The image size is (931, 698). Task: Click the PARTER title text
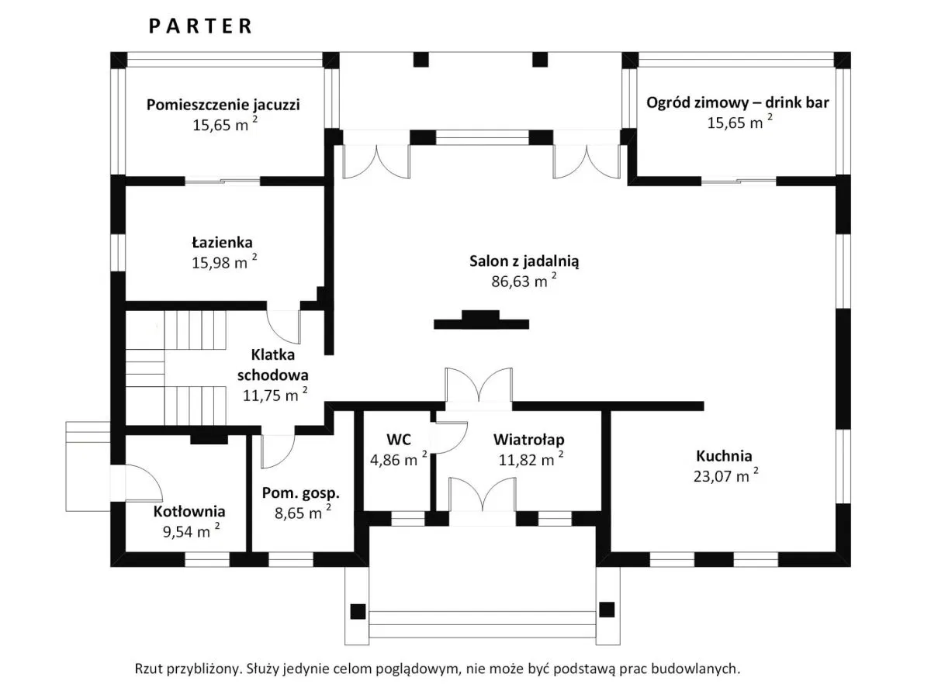pyautogui.click(x=200, y=26)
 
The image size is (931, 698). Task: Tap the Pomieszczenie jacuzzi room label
pyautogui.click(x=223, y=104)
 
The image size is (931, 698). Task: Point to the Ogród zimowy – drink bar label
pyautogui.click(x=738, y=102)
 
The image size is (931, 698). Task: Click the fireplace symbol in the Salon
pyautogui.click(x=481, y=320)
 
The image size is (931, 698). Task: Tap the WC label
pyautogui.click(x=398, y=439)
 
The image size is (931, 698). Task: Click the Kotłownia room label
pyautogui.click(x=189, y=512)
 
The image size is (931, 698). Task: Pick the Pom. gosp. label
pyautogui.click(x=301, y=492)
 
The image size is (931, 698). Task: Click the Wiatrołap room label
pyautogui.click(x=529, y=439)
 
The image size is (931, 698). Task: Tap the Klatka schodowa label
pyautogui.click(x=279, y=365)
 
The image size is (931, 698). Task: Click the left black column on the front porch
pyautogui.click(x=358, y=610)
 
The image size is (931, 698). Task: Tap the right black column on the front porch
pyautogui.click(x=606, y=610)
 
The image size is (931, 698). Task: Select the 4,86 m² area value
pyautogui.click(x=396, y=459)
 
